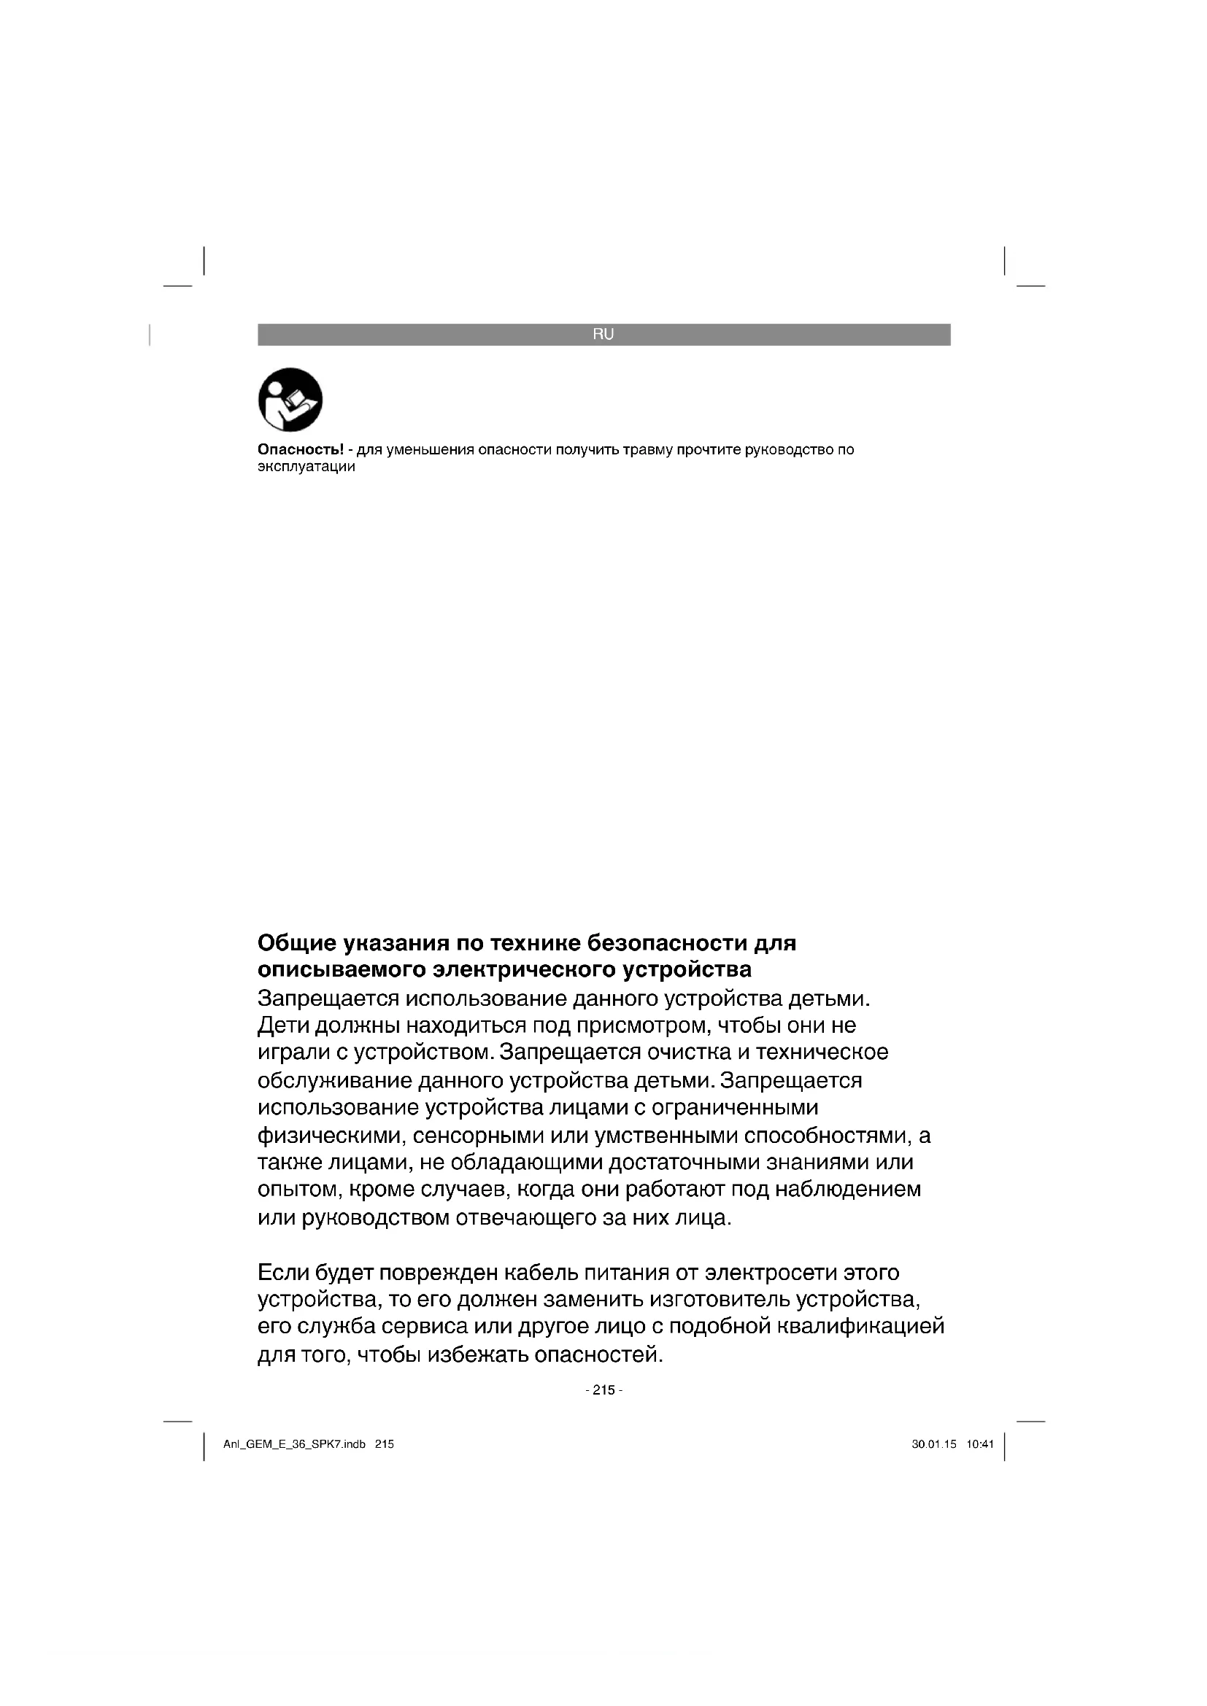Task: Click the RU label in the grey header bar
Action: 603,334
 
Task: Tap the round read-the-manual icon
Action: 290,400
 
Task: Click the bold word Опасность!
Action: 301,449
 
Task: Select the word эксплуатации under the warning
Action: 306,468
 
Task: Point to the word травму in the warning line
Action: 649,449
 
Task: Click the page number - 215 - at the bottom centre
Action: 603,1390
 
